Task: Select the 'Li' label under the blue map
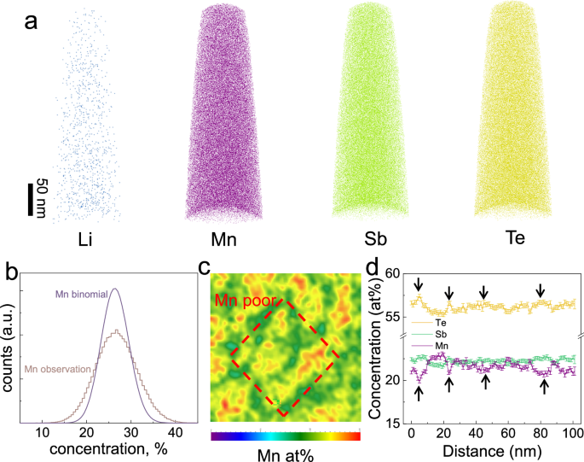click(x=84, y=242)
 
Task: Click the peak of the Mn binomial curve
click(x=113, y=289)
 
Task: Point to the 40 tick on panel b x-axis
click(x=171, y=432)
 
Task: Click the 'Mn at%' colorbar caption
click(x=286, y=454)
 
